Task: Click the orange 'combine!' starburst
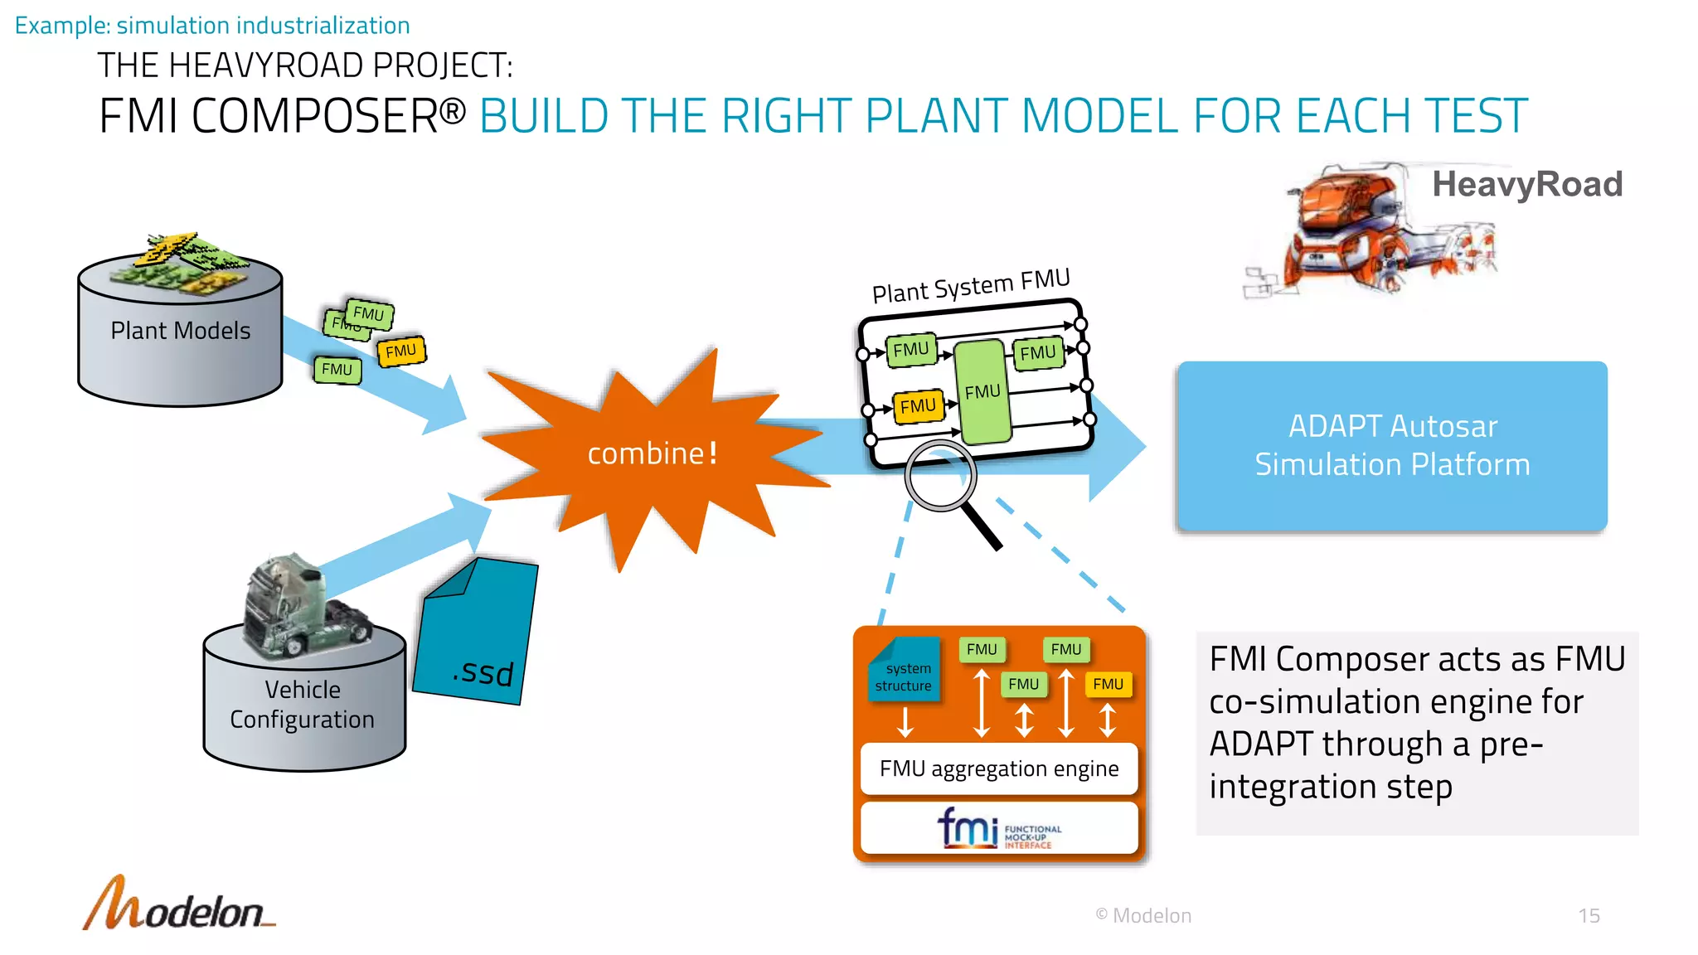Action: [x=652, y=454]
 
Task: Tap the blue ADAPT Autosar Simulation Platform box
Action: [x=1391, y=446]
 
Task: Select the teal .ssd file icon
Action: [x=476, y=634]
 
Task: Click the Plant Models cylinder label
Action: [x=180, y=331]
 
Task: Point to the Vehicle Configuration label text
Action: [x=303, y=705]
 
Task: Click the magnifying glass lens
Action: [x=940, y=476]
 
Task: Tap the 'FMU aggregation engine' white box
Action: [x=999, y=769]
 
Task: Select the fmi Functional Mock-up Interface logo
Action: [x=999, y=828]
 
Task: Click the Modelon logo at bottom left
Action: [x=178, y=905]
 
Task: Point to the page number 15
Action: [x=1589, y=916]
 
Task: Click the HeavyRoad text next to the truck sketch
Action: [x=1527, y=184]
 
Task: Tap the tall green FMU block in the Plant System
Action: [x=982, y=391]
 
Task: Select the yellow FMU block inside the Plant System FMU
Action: [x=918, y=406]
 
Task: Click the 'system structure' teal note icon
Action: [x=904, y=671]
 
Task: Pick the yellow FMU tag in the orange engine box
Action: [x=1108, y=684]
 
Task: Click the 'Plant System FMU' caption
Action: [x=971, y=286]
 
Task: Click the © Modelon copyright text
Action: [x=1143, y=916]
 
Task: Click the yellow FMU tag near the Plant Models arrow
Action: [x=401, y=351]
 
